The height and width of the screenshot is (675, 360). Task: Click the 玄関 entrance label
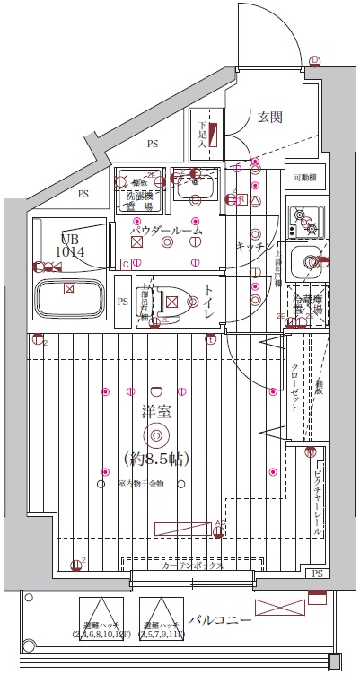(x=270, y=117)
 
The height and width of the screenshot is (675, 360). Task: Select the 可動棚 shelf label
(x=304, y=178)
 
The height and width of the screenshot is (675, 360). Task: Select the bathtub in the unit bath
(x=70, y=294)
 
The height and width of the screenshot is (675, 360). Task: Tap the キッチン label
(x=254, y=246)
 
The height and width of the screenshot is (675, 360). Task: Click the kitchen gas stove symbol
(x=305, y=221)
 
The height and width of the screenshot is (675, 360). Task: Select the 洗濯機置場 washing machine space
(x=137, y=188)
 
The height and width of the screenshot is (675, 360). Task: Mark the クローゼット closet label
(x=296, y=387)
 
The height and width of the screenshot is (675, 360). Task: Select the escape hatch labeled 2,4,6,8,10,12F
(x=101, y=619)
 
